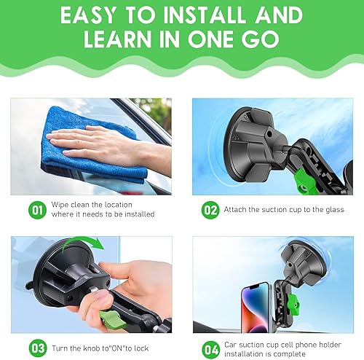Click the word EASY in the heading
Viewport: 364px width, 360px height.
tap(92, 16)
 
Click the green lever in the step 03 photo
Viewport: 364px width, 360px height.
tap(111, 318)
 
